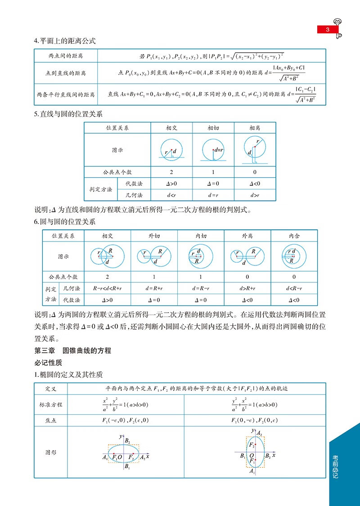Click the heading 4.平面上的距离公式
pyautogui.click(x=65, y=41)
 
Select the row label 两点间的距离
pyautogui.click(x=66, y=56)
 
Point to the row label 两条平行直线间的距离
pyautogui.click(x=66, y=95)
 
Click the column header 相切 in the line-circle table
pyautogui.click(x=213, y=128)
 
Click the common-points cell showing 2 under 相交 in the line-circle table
pyautogui.click(x=172, y=172)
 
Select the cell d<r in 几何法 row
pyautogui.click(x=172, y=195)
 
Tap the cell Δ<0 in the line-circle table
pyautogui.click(x=255, y=184)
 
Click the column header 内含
pyautogui.click(x=294, y=236)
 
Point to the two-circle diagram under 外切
pyautogui.click(x=154, y=255)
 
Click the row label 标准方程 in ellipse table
pyautogui.click(x=51, y=404)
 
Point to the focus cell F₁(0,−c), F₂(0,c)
pyautogui.click(x=255, y=421)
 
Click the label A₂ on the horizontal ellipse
pyautogui.click(x=142, y=457)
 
